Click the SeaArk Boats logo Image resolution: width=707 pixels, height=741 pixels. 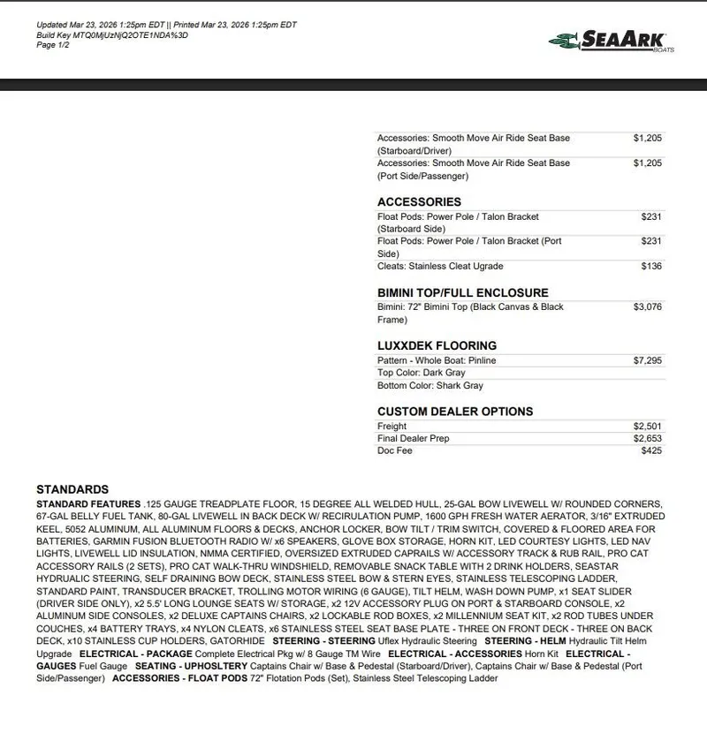(x=611, y=40)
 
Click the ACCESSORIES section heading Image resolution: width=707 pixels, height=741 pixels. (x=419, y=201)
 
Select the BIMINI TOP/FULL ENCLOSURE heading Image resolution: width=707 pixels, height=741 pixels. (x=462, y=292)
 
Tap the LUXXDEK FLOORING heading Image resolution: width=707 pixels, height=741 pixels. (x=437, y=345)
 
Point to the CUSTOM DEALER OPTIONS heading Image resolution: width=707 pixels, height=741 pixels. (x=455, y=412)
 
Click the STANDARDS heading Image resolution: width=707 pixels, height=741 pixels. (x=72, y=489)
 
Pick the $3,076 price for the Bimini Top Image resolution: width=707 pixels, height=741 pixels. (x=647, y=307)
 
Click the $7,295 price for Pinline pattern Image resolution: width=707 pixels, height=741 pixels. (x=647, y=360)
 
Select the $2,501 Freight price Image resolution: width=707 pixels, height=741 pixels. (x=647, y=427)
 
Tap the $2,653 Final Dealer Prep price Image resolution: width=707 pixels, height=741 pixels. (x=647, y=439)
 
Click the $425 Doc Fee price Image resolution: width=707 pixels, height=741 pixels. (x=651, y=451)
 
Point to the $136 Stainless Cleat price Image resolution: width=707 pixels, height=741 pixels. (x=651, y=266)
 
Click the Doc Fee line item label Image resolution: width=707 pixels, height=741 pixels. (x=395, y=451)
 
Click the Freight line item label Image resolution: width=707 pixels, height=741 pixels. (x=392, y=427)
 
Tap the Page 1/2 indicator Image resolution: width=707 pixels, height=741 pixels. (x=53, y=45)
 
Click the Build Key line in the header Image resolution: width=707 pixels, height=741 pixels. (x=111, y=35)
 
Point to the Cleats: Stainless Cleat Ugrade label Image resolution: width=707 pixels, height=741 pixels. (x=440, y=266)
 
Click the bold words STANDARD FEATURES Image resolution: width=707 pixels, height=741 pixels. (x=88, y=503)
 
